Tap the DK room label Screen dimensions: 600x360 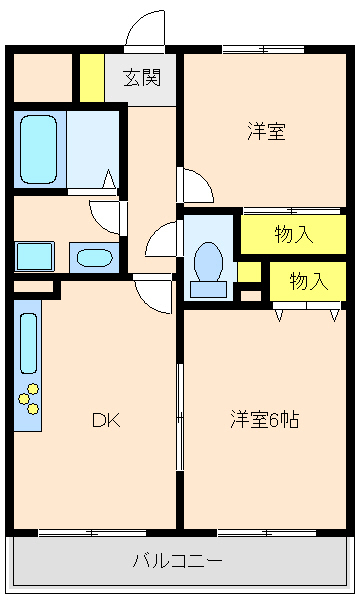point(106,420)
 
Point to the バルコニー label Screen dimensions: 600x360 point(178,560)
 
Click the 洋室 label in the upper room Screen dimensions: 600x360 point(267,131)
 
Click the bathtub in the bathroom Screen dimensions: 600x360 point(39,149)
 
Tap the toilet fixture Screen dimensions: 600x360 point(209,264)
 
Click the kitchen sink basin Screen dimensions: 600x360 point(28,343)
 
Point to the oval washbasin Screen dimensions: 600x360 point(94,258)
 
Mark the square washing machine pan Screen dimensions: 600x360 point(34,257)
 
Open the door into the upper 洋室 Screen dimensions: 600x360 point(195,185)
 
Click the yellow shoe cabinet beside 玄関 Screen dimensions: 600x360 point(91,78)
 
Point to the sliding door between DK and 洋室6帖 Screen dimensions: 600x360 point(180,415)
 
